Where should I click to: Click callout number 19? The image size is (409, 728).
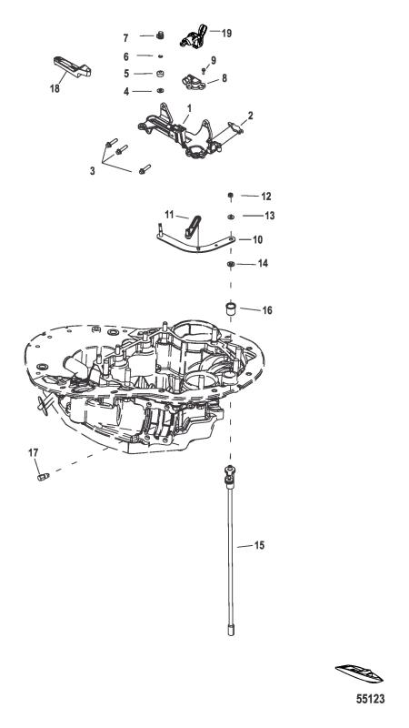[226, 34]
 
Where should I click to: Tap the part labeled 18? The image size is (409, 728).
[72, 66]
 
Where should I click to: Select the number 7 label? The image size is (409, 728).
[125, 36]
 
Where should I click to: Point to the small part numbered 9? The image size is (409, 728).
[204, 71]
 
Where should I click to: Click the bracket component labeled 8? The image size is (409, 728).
[194, 82]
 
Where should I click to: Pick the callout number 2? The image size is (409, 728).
[251, 116]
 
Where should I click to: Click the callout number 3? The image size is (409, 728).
[93, 171]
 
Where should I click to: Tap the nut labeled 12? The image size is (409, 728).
[230, 196]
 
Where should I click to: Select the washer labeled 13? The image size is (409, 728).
[231, 216]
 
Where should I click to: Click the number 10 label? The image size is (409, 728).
[257, 239]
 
